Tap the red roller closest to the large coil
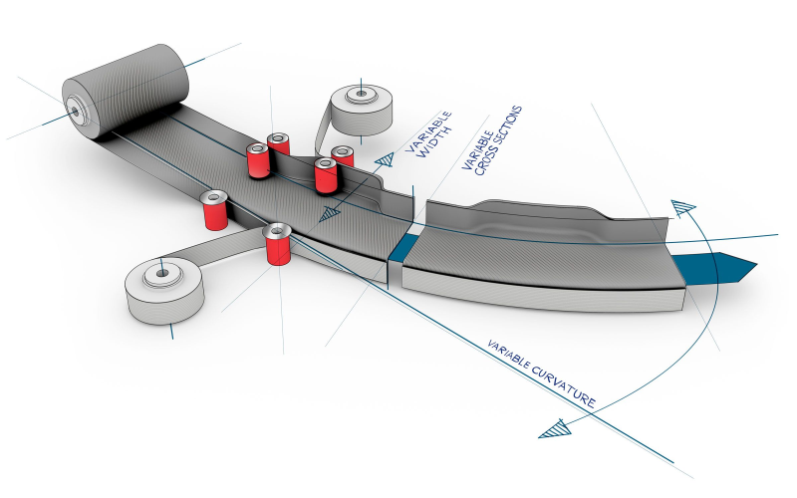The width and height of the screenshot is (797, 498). [259, 160]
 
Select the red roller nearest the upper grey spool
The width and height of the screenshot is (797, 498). [343, 159]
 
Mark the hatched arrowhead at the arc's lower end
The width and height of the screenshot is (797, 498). [553, 429]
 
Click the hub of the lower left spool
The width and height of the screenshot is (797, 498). [159, 272]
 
